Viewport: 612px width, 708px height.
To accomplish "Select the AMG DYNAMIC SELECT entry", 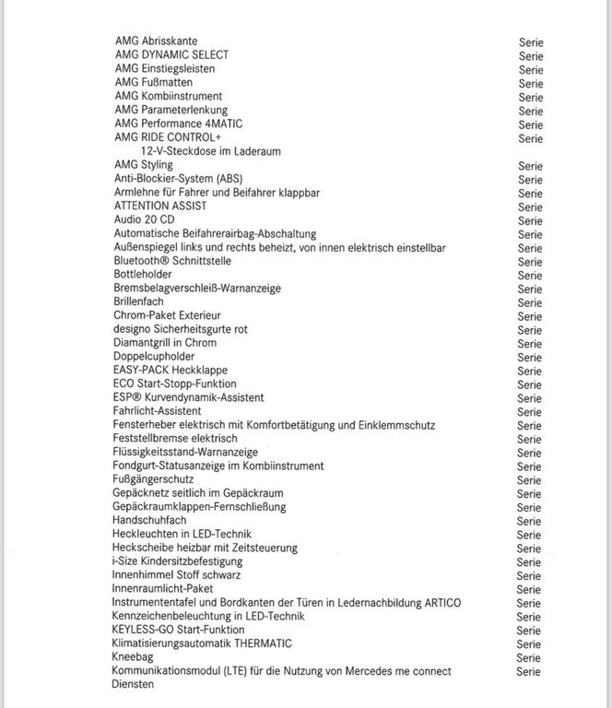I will (x=171, y=55).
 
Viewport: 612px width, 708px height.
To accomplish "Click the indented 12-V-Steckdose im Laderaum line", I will (x=211, y=151).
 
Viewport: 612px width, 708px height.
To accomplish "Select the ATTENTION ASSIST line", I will (x=160, y=206).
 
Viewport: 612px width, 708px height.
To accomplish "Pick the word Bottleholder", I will (x=142, y=275).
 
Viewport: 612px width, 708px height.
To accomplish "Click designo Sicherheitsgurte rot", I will (x=181, y=329).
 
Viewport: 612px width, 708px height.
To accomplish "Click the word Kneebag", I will (x=134, y=656).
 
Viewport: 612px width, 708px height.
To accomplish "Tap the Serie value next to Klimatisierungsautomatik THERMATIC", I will (x=530, y=643).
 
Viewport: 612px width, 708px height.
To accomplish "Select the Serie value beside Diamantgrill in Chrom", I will (x=530, y=343).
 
